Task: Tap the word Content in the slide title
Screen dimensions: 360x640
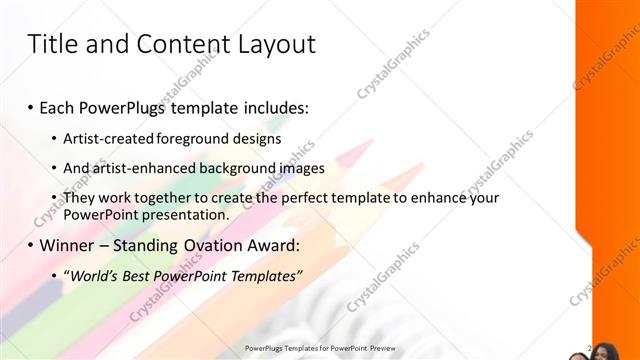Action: [x=178, y=44]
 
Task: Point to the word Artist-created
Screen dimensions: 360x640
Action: [x=106, y=138]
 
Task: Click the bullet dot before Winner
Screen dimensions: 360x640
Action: [x=31, y=245]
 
